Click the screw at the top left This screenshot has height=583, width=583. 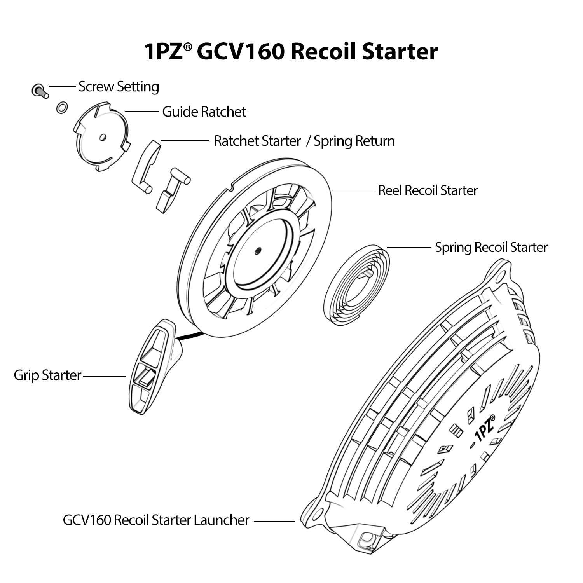coord(40,91)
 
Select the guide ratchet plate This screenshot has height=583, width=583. coord(102,137)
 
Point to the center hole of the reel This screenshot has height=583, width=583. coord(257,251)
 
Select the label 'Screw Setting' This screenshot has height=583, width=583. coord(119,87)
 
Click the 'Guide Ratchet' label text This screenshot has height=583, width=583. coord(204,112)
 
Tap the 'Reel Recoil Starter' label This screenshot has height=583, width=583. coord(428,190)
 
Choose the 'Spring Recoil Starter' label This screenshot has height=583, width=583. coord(491,247)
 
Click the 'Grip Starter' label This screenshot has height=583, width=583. coord(47,375)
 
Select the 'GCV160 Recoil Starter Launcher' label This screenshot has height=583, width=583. coord(156,520)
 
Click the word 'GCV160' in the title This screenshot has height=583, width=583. coord(241,52)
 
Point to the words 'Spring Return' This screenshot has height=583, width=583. coord(354,141)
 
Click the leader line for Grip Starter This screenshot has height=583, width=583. coord(105,376)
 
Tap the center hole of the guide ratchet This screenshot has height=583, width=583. coord(103,137)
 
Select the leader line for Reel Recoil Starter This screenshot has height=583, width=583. coord(353,190)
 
